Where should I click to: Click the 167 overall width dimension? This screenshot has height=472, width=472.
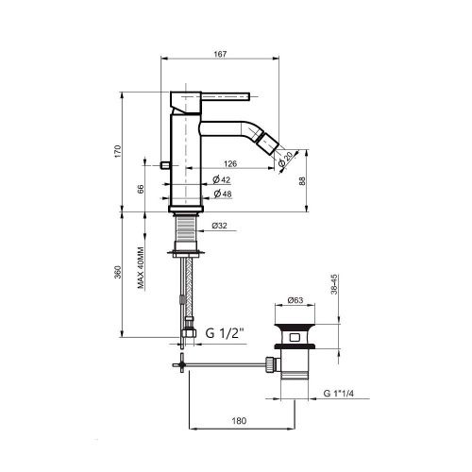point(220,54)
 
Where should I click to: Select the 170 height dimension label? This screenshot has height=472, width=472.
point(117,152)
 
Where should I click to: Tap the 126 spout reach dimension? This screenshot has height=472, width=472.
point(230,164)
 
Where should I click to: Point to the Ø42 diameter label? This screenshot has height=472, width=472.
point(222,180)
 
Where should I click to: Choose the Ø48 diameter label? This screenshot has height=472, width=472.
point(223,194)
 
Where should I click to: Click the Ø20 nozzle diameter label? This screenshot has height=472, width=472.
point(285,159)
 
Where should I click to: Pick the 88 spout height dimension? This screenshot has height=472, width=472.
point(302,181)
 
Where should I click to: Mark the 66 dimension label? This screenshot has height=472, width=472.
point(141,189)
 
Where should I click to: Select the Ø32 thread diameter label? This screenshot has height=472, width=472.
point(219,226)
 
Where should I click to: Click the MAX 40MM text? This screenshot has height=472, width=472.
point(141,267)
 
